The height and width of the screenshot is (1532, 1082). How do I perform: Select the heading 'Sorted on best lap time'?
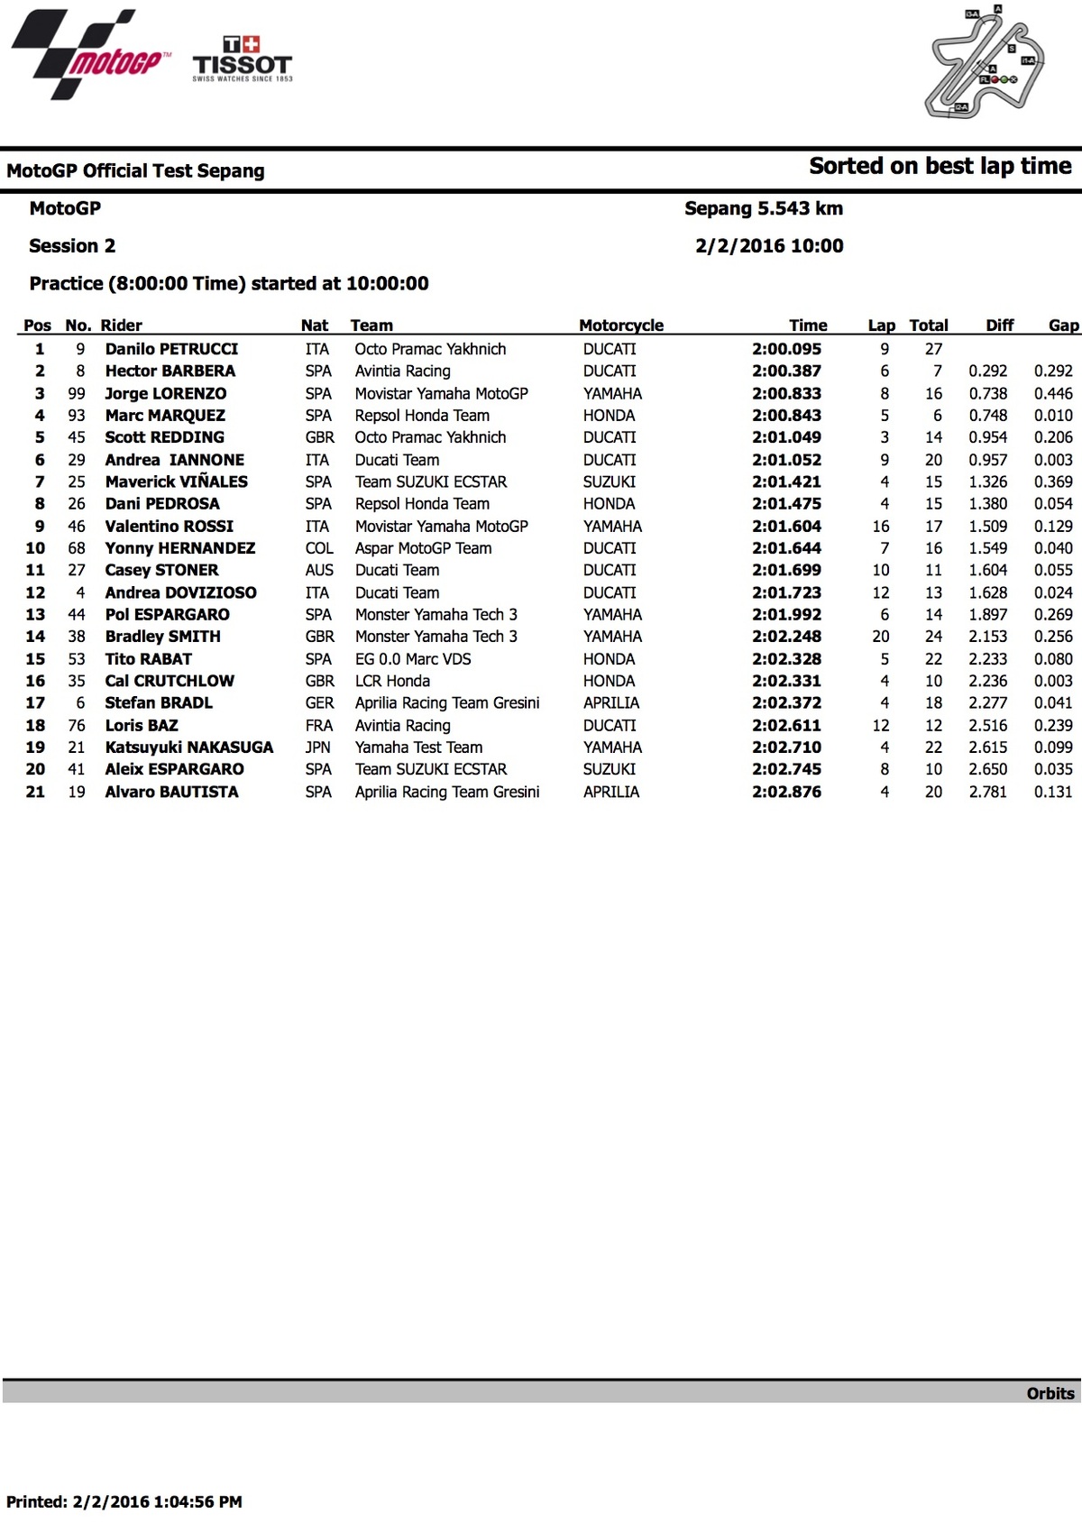(940, 167)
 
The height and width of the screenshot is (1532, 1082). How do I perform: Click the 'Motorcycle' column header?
(620, 326)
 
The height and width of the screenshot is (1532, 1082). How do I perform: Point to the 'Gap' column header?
(1063, 326)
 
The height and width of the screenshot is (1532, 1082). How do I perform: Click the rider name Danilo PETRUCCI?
(171, 349)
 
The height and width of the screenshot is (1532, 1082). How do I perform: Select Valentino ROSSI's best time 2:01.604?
(786, 526)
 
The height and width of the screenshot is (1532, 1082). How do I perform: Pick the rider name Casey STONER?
(161, 570)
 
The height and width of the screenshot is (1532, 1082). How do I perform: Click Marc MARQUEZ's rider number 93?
(77, 416)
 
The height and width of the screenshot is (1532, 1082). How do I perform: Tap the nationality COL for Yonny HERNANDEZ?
(318, 548)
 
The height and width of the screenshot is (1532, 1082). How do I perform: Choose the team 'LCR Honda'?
(392, 681)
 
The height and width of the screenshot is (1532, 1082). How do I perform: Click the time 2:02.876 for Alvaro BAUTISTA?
(786, 792)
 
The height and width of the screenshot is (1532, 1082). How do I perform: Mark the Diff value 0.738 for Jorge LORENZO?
(987, 393)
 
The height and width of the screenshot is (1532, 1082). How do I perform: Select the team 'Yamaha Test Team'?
(418, 748)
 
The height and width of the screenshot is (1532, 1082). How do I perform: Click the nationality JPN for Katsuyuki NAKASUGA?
(317, 748)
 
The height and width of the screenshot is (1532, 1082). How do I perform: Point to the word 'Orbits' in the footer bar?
(1050, 1393)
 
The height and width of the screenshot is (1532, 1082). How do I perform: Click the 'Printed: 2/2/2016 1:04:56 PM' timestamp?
(124, 1501)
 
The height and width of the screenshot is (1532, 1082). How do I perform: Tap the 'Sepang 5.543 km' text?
(764, 208)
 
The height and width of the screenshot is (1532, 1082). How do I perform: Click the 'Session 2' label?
(72, 246)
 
